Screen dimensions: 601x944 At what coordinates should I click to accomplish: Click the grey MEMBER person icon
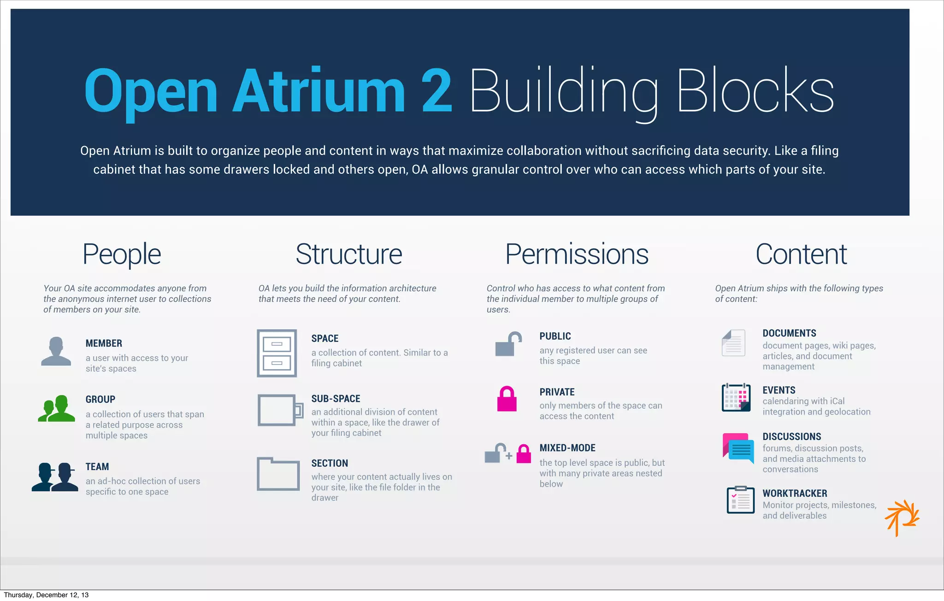click(x=56, y=351)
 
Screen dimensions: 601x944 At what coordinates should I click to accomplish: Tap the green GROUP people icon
click(x=56, y=408)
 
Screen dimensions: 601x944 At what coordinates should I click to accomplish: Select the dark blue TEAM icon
click(x=55, y=477)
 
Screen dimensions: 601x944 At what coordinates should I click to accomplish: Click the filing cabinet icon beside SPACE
click(x=277, y=353)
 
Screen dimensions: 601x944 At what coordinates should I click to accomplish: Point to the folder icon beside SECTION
click(x=278, y=474)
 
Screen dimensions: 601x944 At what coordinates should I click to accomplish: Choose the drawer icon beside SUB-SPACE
click(x=280, y=410)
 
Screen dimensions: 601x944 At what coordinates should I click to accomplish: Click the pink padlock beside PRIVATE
click(x=507, y=399)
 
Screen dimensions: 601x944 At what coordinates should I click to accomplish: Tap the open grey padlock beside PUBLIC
click(x=508, y=344)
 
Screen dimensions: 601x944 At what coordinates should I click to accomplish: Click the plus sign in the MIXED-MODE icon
click(x=509, y=456)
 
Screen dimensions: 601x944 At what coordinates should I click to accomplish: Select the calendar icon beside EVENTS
click(x=736, y=397)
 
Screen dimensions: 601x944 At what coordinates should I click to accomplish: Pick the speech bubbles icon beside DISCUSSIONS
click(x=738, y=448)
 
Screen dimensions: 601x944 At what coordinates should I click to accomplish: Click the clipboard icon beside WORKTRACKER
click(x=740, y=500)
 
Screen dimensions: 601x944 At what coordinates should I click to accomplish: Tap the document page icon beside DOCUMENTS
click(x=733, y=343)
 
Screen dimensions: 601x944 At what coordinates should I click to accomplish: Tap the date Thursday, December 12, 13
click(x=46, y=595)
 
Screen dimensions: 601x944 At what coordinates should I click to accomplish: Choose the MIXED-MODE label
click(x=567, y=448)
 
